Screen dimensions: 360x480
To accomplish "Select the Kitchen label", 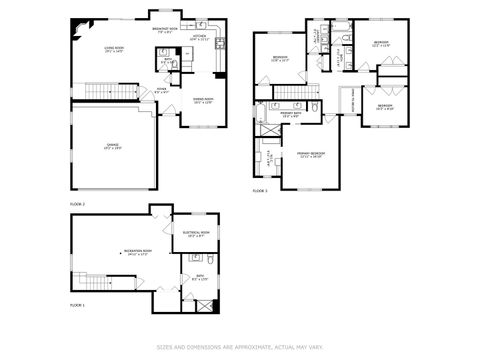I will point(199,38).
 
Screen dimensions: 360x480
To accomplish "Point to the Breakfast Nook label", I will point(165,29).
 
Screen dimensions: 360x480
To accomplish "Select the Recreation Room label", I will point(109,251).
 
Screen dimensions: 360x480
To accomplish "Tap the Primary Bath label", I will point(291,115).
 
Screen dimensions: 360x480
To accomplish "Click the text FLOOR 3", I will point(260,190).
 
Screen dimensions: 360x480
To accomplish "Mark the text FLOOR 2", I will point(77,204).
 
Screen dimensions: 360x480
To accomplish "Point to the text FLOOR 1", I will point(77,305).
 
